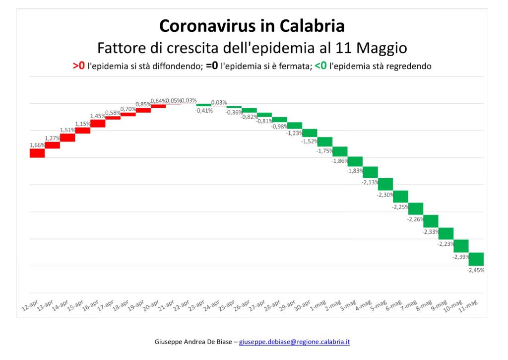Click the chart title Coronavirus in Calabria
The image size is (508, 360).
point(252,26)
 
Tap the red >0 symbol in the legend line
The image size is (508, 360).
point(78,66)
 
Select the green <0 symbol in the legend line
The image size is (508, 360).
point(320,66)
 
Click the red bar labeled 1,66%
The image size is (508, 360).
point(37,153)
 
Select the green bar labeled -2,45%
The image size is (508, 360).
point(476,259)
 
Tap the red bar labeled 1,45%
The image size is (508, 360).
point(98,123)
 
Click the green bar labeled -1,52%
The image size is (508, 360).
point(310,133)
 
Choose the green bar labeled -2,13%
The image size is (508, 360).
point(370,172)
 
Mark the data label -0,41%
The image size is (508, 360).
point(204,111)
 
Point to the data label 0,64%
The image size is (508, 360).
point(158,101)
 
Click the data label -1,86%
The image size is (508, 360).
point(340,161)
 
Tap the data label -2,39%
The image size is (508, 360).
point(461,257)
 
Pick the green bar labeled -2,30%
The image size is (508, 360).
point(385,184)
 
